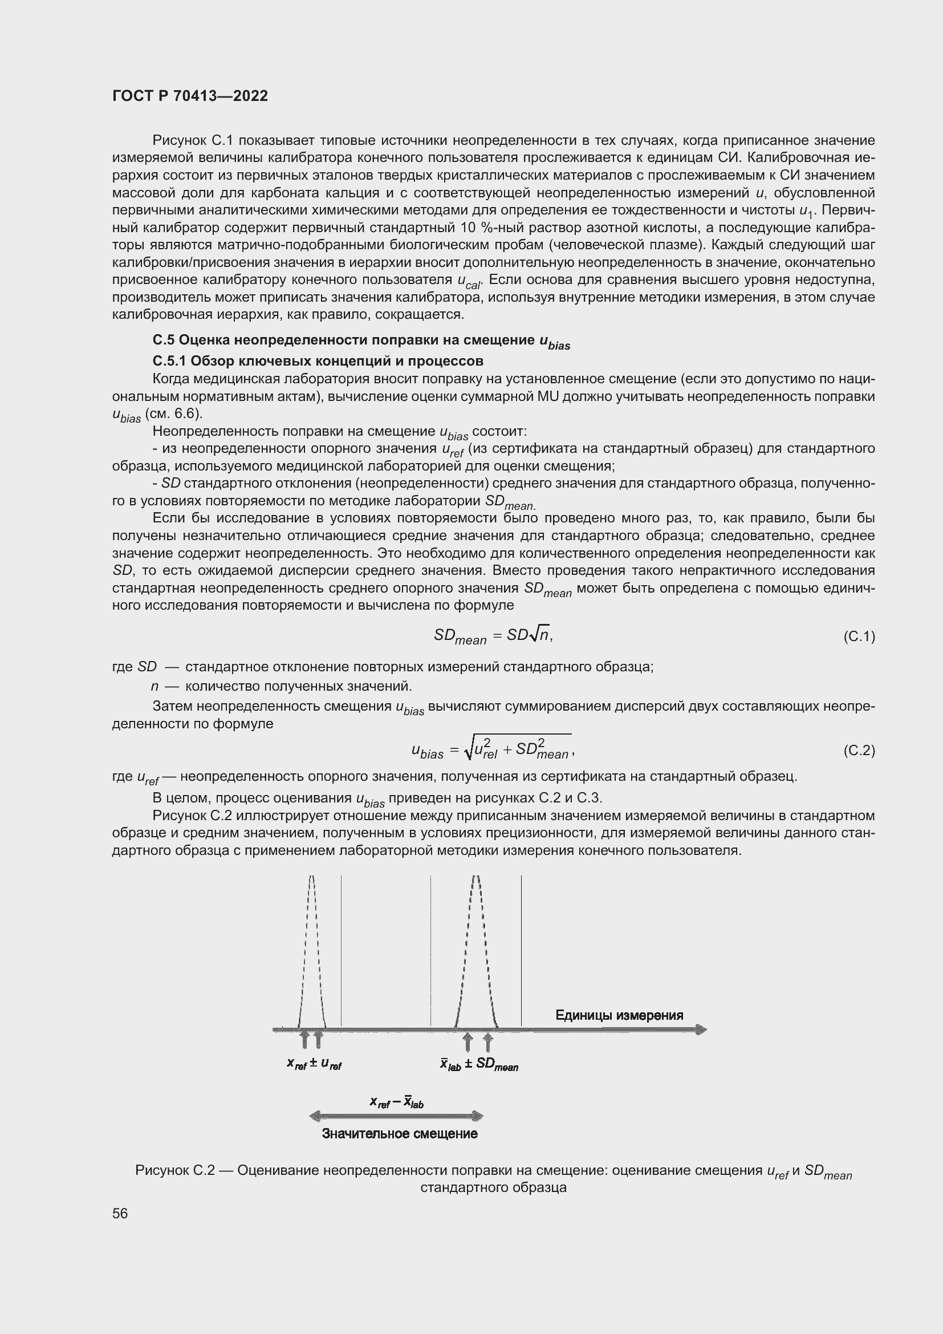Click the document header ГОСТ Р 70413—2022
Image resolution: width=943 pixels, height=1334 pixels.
pos(190,96)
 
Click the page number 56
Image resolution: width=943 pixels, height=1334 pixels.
pos(120,1213)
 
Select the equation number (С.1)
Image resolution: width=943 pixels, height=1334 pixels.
pos(858,637)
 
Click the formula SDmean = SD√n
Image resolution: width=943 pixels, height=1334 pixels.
pos(493,636)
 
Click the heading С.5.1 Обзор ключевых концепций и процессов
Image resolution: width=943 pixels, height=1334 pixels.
pos(318,362)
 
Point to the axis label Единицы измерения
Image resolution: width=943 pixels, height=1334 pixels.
pos(619,1015)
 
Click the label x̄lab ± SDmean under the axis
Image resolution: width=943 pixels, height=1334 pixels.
pos(479,1065)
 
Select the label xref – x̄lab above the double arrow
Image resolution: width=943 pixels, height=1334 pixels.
pos(397,1102)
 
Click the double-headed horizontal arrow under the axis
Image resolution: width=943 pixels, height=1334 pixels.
pos(397,1116)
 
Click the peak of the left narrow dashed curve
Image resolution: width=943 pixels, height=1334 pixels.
pos(311,878)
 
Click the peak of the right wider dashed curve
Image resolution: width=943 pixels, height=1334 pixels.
pos(476,878)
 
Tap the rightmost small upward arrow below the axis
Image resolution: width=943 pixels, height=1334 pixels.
pos(488,1043)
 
